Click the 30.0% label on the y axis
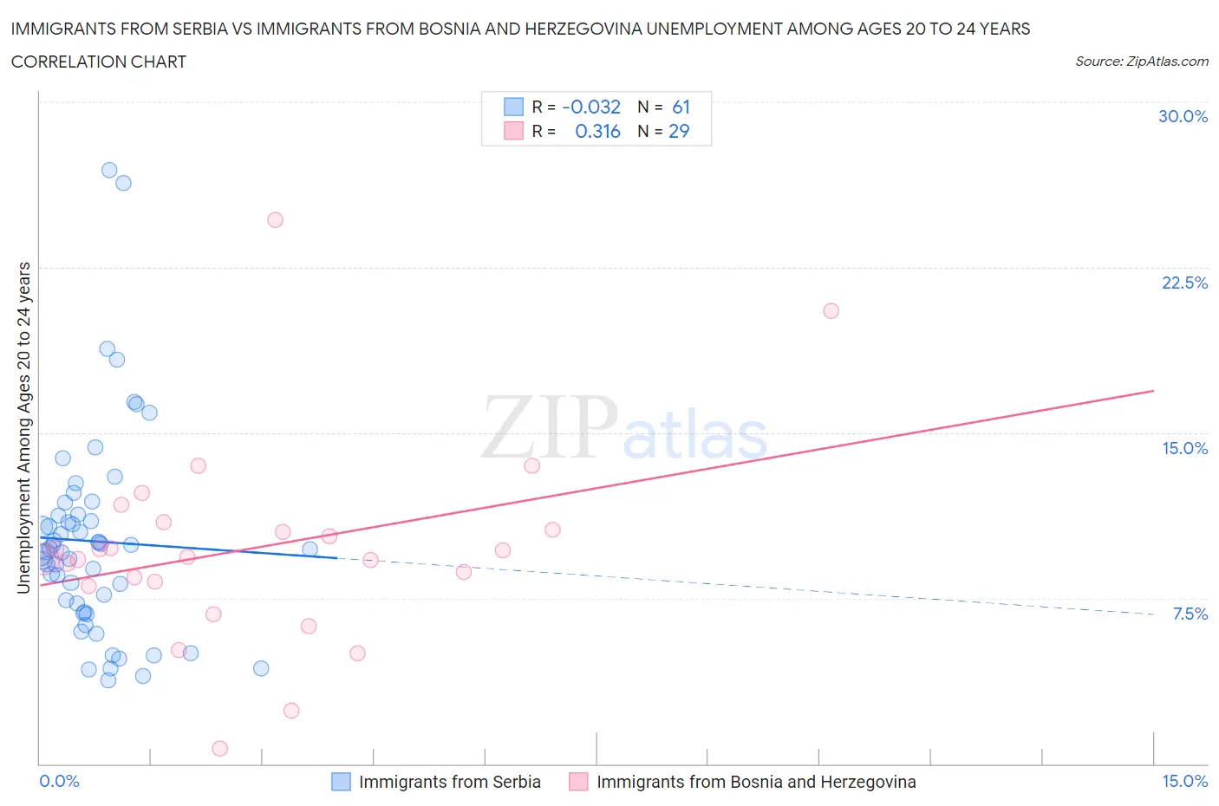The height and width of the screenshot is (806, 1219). (x=1183, y=116)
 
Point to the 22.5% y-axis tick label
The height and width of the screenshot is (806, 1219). (x=1184, y=283)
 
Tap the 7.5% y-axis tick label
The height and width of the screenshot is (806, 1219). (x=1190, y=614)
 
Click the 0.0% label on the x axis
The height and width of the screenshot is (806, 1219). (x=59, y=781)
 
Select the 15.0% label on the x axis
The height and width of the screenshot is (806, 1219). (x=1184, y=781)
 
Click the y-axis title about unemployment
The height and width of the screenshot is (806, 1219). (x=23, y=427)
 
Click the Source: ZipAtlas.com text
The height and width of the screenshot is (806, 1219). (x=1141, y=61)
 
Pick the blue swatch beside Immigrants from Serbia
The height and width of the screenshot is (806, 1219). (x=342, y=782)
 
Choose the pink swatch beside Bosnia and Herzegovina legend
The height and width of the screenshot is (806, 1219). (x=578, y=782)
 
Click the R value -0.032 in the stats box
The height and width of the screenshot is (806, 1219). (x=591, y=107)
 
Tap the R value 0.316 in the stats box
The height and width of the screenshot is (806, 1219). (x=597, y=131)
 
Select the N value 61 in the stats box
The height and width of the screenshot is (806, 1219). (x=681, y=107)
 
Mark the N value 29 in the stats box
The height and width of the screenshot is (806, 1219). (x=679, y=131)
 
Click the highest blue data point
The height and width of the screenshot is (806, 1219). (x=109, y=170)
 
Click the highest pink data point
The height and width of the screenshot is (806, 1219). (x=275, y=219)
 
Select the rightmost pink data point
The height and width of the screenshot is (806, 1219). (x=831, y=310)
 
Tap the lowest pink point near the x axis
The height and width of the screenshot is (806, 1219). (x=219, y=748)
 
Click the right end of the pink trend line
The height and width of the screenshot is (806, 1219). (x=1153, y=391)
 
